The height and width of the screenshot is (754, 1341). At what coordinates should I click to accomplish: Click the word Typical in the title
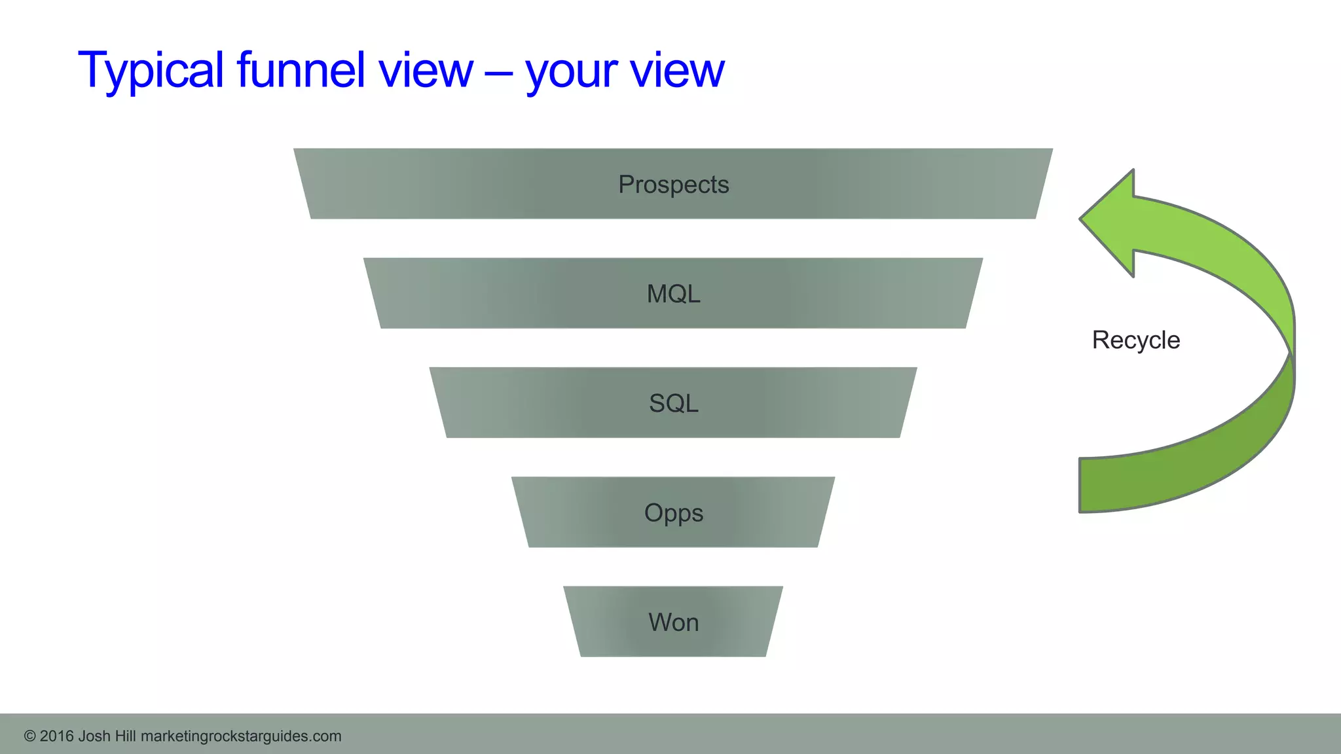pyautogui.click(x=151, y=70)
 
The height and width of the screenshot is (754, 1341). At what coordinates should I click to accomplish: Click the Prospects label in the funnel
pyautogui.click(x=673, y=185)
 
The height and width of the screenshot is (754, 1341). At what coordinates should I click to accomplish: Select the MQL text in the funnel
pyautogui.click(x=673, y=294)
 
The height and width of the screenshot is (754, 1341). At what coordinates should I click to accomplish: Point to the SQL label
pyautogui.click(x=673, y=403)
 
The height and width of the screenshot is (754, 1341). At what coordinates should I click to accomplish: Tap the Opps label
pyautogui.click(x=673, y=513)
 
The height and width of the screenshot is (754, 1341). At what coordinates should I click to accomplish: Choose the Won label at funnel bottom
pyautogui.click(x=673, y=622)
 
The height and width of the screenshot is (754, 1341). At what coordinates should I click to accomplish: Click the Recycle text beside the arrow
pyautogui.click(x=1135, y=340)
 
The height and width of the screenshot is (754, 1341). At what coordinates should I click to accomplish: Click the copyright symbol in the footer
pyautogui.click(x=29, y=736)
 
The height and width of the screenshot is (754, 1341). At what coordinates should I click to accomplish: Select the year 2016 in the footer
pyautogui.click(x=56, y=736)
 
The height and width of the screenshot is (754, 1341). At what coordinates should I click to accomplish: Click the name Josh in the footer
pyautogui.click(x=94, y=736)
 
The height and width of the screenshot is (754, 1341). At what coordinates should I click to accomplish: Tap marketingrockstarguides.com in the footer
pyautogui.click(x=241, y=736)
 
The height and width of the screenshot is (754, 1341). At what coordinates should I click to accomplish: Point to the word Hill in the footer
pyautogui.click(x=125, y=736)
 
